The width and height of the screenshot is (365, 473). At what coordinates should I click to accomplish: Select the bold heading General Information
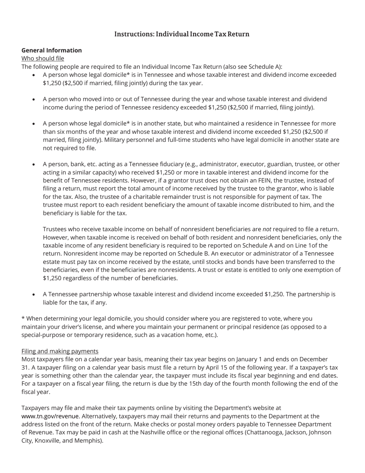coord(51,50)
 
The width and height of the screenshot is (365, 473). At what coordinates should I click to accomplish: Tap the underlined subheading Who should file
coord(43,58)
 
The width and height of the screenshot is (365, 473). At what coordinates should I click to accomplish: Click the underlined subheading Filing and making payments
coord(60,351)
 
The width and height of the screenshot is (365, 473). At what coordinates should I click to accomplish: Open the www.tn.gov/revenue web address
coord(50,416)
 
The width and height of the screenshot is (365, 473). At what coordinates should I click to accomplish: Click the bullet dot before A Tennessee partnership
coord(34,295)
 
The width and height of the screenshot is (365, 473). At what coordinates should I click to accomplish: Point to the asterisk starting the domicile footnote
coord(23,318)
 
